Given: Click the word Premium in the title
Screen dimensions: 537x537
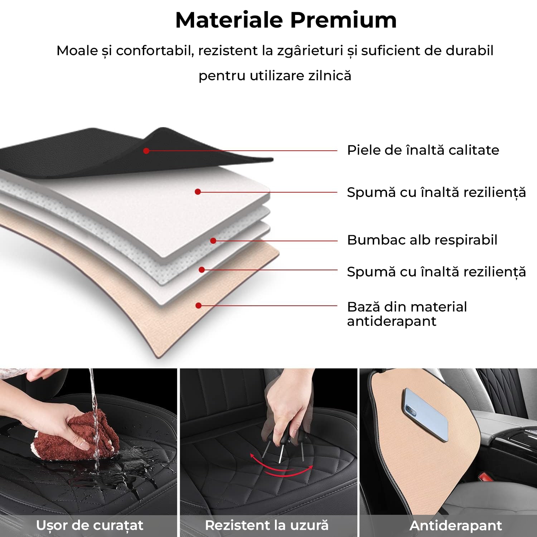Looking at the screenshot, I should (343, 20).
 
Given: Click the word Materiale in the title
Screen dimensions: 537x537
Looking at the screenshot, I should (229, 20).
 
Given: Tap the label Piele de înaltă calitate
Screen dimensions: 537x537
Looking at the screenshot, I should (423, 150).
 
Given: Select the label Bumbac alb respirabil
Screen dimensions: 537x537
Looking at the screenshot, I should (422, 240).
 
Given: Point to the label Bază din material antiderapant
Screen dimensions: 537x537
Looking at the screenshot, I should (407, 314).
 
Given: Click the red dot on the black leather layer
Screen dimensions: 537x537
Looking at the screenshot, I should (146, 151).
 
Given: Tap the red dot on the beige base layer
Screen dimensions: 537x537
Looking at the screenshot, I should (199, 305).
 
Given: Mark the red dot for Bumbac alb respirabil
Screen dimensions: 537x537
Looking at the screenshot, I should (213, 241).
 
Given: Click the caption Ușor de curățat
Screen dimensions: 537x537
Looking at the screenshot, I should (89, 525).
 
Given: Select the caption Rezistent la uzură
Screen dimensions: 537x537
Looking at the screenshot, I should (267, 525).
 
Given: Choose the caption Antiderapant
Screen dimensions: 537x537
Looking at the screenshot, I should (455, 526).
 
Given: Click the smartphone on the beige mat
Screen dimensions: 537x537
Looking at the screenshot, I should (426, 412).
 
